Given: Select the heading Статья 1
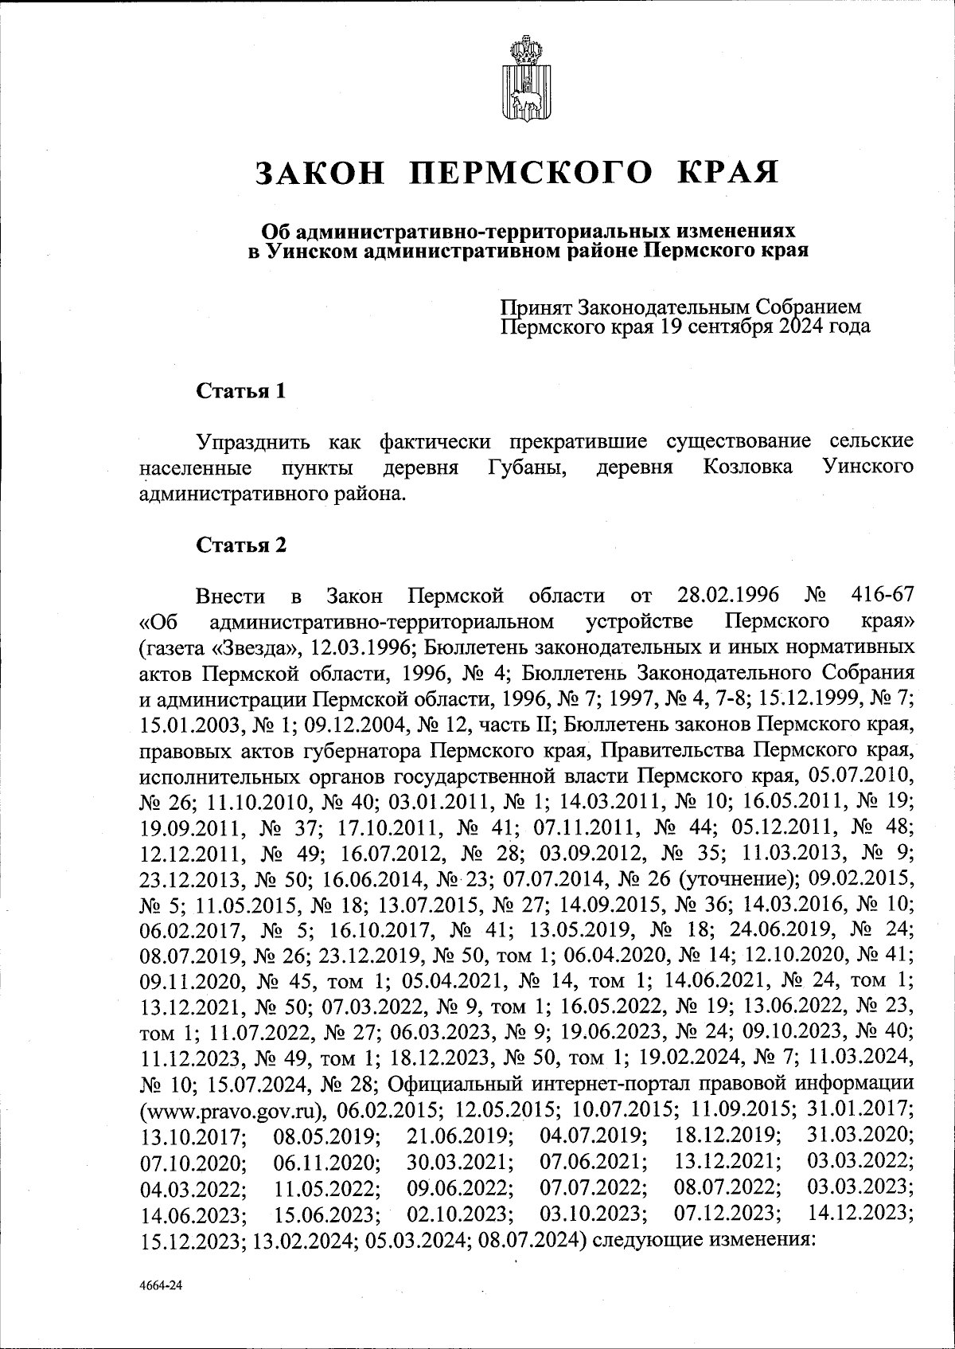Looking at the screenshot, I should pos(241,391).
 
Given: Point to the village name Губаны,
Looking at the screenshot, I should pos(526,467).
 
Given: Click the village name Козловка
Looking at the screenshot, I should pos(747,467).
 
